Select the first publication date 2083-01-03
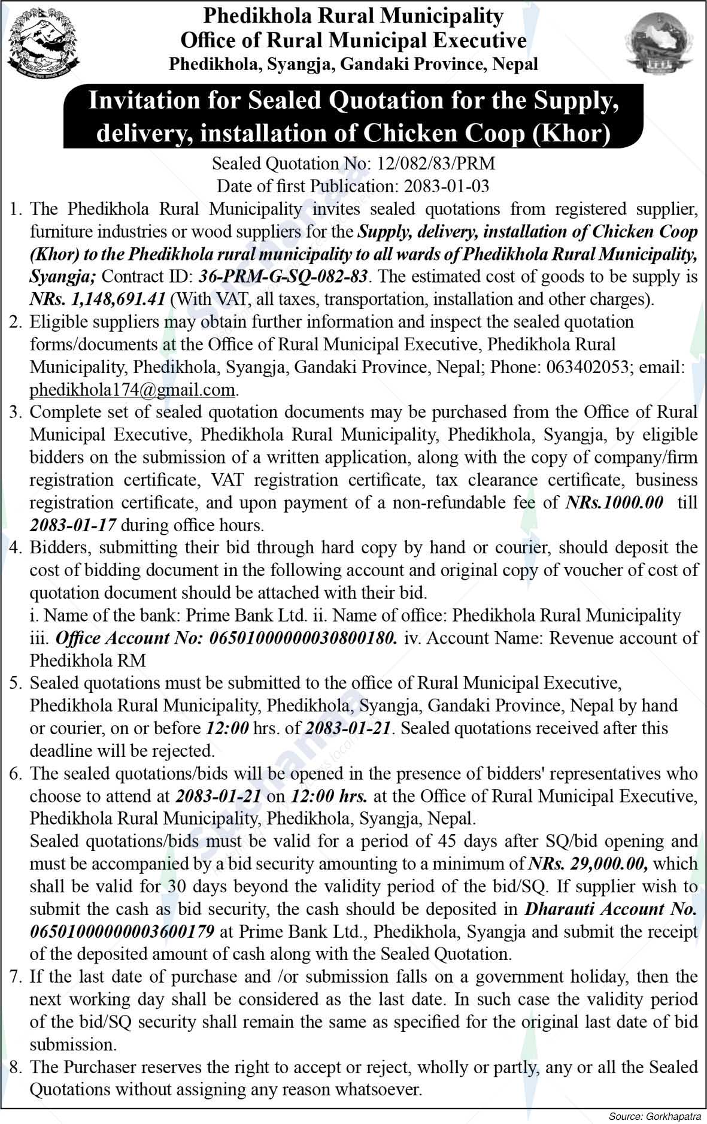point(447,186)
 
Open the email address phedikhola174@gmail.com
point(132,390)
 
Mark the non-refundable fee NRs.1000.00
point(614,502)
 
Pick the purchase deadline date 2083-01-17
point(73,525)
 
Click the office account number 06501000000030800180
point(302,638)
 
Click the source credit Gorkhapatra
point(672,1116)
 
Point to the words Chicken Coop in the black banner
point(439,134)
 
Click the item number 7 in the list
point(16,977)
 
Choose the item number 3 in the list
point(16,412)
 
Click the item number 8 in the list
point(16,1067)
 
